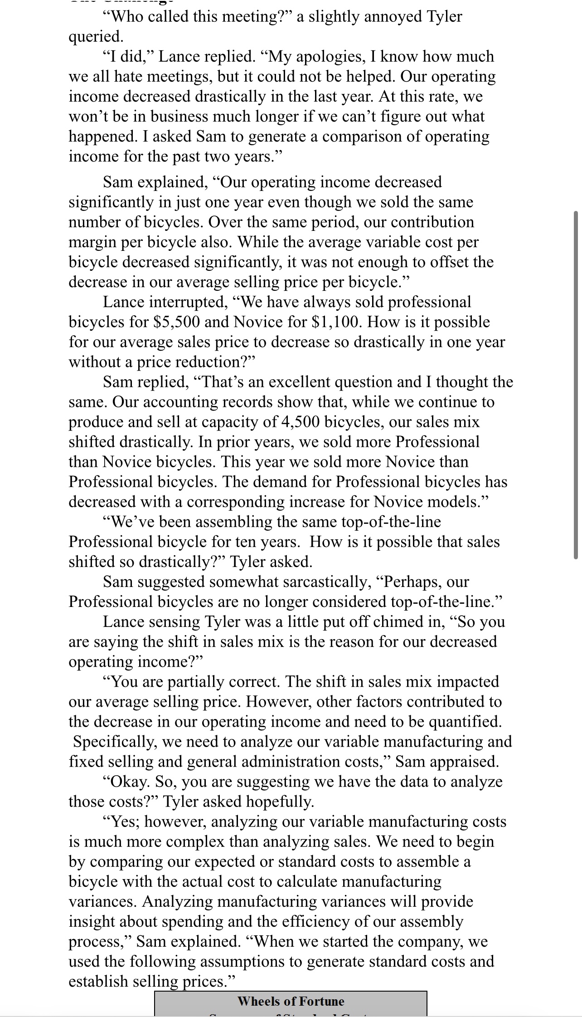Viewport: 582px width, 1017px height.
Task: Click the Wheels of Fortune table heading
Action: click(x=291, y=1001)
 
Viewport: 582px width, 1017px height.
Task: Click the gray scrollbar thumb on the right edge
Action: click(x=576, y=385)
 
